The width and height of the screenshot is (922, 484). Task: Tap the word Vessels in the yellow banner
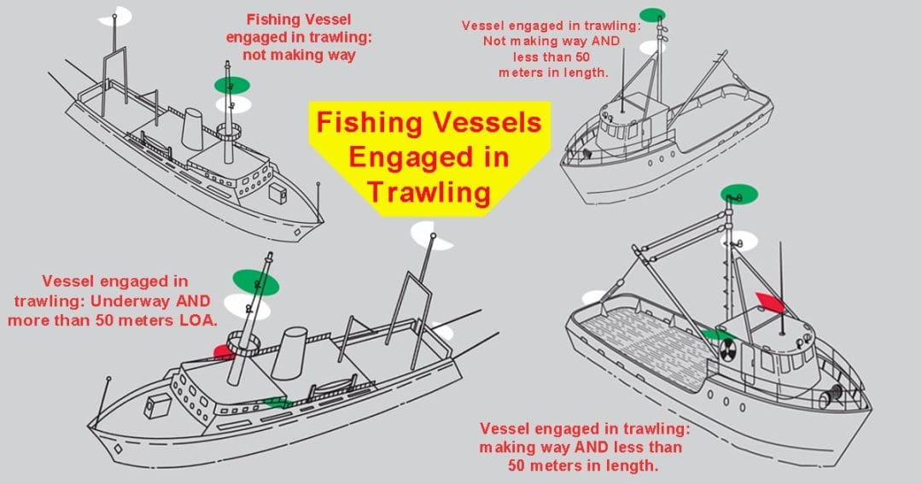484,123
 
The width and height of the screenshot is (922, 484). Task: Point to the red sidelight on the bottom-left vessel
223,351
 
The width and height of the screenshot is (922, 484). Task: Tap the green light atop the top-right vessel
653,15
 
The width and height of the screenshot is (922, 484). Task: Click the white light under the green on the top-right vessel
654,48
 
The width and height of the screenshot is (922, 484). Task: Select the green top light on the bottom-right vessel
738,193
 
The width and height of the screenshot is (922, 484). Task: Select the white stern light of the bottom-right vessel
593,298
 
